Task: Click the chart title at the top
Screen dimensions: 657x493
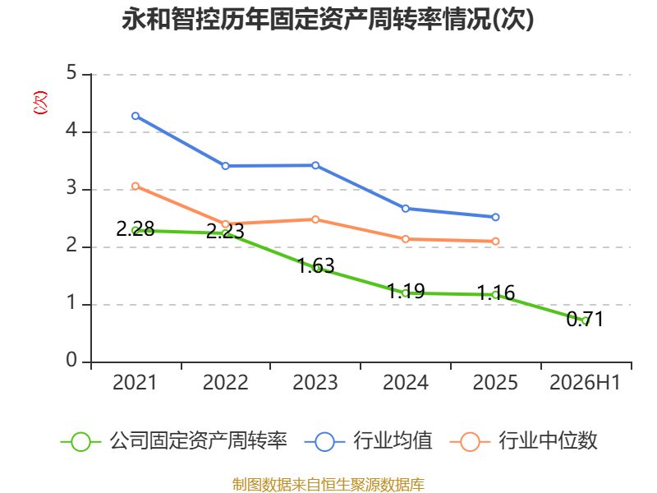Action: click(328, 19)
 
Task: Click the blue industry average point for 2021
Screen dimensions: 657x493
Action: click(136, 116)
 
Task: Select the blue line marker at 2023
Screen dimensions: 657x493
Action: click(315, 166)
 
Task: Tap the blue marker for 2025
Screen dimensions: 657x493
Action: click(495, 217)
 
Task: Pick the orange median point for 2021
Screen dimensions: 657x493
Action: click(136, 187)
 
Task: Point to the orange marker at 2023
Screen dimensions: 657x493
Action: click(315, 219)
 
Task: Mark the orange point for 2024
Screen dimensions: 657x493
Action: click(405, 239)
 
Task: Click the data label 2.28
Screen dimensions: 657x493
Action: click(136, 229)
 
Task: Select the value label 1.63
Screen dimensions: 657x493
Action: click(315, 265)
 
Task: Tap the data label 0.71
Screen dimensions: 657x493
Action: click(585, 319)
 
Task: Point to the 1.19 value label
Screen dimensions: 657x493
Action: click(406, 291)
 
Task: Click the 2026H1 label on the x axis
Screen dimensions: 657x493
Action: click(585, 382)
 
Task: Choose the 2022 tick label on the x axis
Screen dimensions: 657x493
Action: click(225, 382)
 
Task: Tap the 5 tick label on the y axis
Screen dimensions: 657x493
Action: click(71, 73)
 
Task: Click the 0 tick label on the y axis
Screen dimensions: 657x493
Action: click(71, 360)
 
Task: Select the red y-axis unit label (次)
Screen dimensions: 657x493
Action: click(40, 103)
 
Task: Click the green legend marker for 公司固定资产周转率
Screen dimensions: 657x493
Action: click(80, 442)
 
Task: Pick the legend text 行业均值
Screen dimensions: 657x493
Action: click(393, 441)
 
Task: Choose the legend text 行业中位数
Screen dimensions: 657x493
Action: click(548, 441)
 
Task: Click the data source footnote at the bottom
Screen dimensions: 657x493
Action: click(328, 485)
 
